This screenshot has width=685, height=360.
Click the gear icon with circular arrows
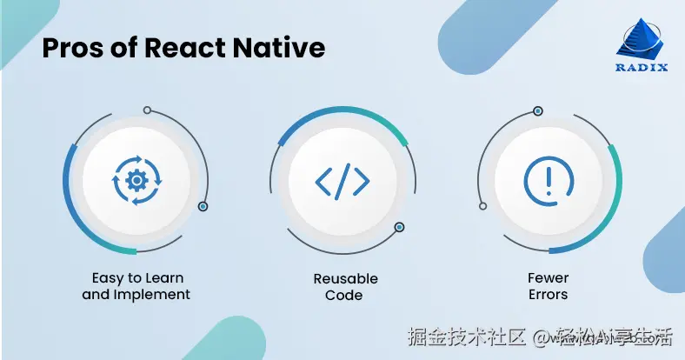click(136, 181)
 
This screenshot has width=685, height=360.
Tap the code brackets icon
click(342, 181)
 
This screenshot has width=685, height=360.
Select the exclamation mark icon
click(549, 180)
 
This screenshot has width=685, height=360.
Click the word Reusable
click(345, 278)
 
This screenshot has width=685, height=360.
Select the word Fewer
click(549, 278)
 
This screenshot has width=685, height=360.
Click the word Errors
click(549, 294)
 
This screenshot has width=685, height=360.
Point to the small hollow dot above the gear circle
click(147, 110)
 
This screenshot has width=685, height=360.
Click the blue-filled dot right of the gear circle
click(203, 207)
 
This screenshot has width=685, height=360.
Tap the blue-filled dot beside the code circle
click(399, 227)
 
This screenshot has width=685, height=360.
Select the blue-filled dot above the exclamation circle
click(538, 110)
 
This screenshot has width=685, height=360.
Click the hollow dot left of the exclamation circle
click(482, 206)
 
